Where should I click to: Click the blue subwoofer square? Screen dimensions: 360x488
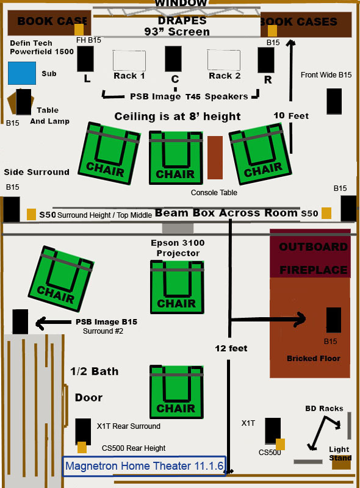pos(22,73)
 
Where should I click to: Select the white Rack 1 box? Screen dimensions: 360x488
pos(129,60)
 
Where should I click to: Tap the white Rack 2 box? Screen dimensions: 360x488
pos(223,60)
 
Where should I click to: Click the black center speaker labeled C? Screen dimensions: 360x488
pos(173,59)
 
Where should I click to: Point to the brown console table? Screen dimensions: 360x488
pos(215,157)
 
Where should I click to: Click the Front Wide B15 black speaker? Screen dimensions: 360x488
pos(334,101)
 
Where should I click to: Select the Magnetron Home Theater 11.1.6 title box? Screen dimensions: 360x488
pos(144,466)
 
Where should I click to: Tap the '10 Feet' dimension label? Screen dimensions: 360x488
pos(291,116)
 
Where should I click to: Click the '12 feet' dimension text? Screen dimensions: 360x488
pos(231,348)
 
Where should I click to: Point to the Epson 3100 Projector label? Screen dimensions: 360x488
pos(178,248)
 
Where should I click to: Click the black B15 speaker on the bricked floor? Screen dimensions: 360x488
pos(334,320)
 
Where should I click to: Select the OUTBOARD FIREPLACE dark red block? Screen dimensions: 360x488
pos(310,253)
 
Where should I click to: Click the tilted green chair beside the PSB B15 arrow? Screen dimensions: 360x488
pos(61,279)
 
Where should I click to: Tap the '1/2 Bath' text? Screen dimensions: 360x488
pos(95,371)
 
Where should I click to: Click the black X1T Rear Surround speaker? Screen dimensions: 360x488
pos(83,431)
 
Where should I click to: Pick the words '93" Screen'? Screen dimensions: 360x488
pos(177,32)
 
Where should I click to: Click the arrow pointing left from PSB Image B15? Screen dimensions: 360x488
pos(54,323)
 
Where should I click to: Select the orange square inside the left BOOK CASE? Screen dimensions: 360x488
pos(79,29)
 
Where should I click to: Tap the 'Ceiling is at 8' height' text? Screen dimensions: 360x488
pos(178,117)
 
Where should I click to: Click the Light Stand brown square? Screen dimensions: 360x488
pos(341,462)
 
